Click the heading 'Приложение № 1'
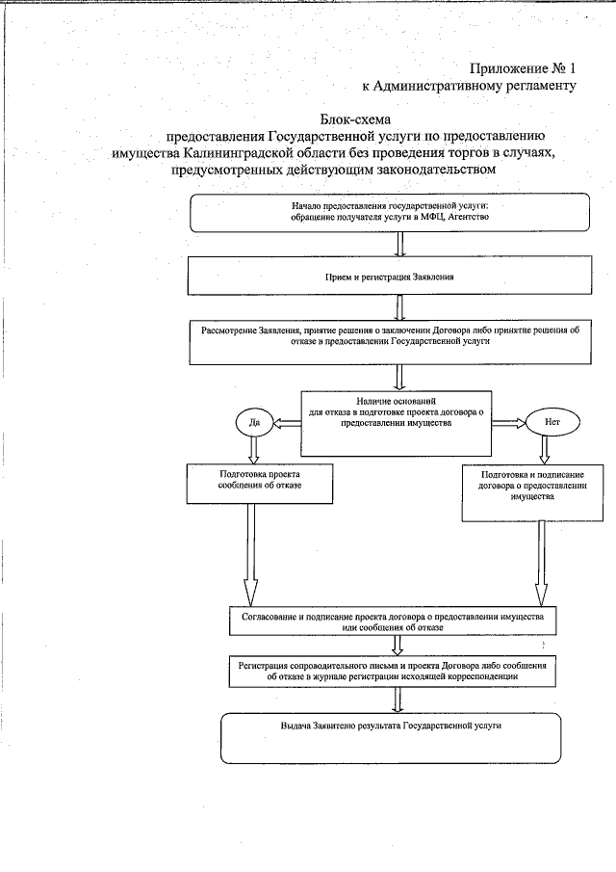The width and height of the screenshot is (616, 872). click(x=524, y=68)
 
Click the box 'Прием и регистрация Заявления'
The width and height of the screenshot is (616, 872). click(x=390, y=277)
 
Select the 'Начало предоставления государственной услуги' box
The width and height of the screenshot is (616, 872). click(x=390, y=213)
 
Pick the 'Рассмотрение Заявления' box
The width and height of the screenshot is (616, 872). click(x=390, y=342)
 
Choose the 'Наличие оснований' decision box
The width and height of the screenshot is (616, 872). click(x=397, y=422)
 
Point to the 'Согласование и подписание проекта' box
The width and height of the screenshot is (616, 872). click(x=390, y=621)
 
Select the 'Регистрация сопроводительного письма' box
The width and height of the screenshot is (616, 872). click(x=390, y=672)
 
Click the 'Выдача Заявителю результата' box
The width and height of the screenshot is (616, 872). click(x=390, y=737)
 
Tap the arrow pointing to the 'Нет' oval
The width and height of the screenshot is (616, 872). click(x=507, y=422)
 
